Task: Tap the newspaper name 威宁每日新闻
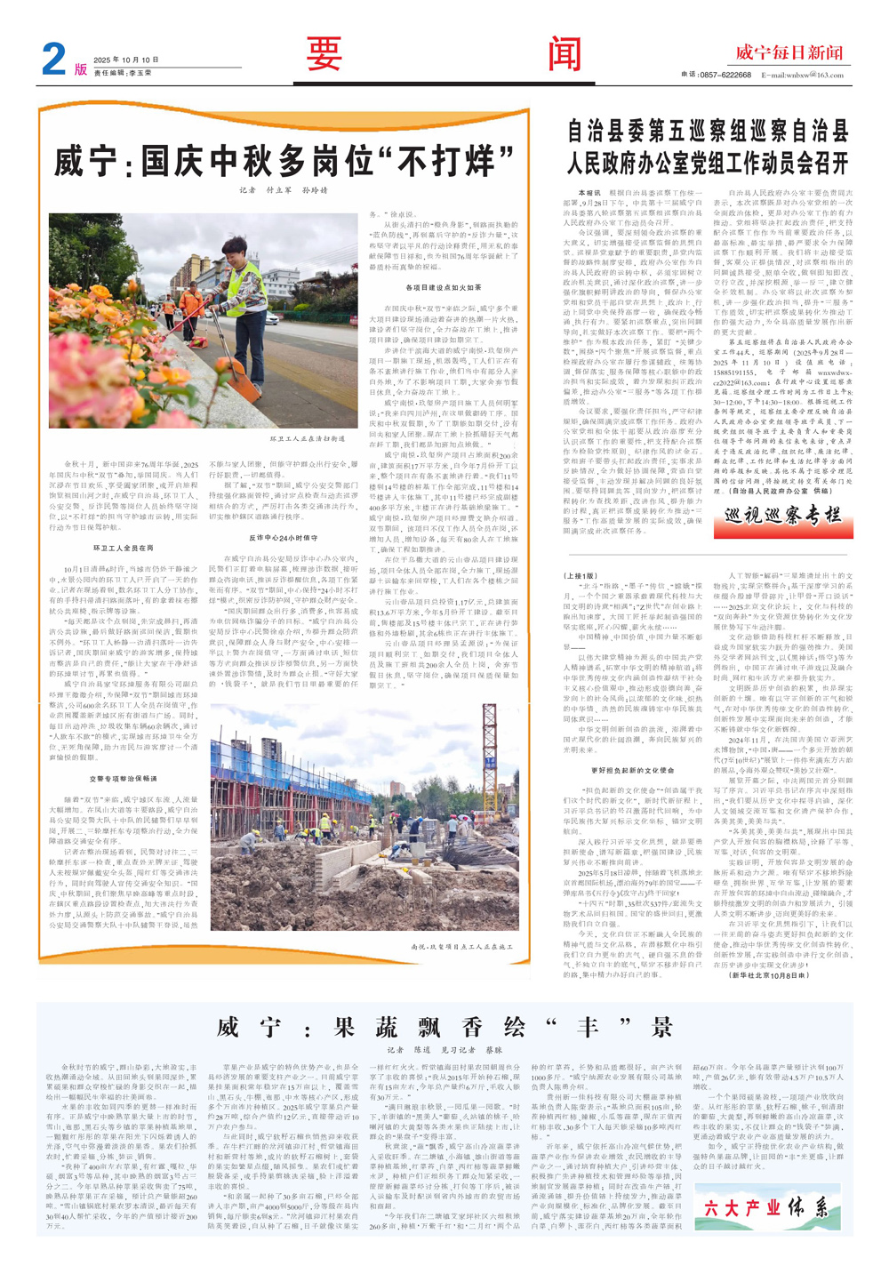(789, 52)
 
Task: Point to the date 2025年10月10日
(125, 60)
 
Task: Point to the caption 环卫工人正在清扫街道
(307, 438)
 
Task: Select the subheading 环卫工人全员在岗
(123, 549)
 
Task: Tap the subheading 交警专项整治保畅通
(123, 778)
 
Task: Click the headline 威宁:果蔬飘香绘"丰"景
(444, 1028)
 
